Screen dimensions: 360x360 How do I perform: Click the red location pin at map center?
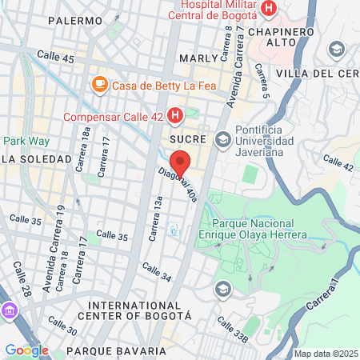pyautogui.click(x=180, y=162)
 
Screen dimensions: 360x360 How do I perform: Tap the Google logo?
pyautogui.click(x=26, y=350)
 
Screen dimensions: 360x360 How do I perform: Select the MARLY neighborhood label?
pyautogui.click(x=198, y=58)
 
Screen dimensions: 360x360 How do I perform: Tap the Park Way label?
pyautogui.click(x=26, y=141)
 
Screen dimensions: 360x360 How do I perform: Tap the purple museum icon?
pyautogui.click(x=9, y=310)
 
